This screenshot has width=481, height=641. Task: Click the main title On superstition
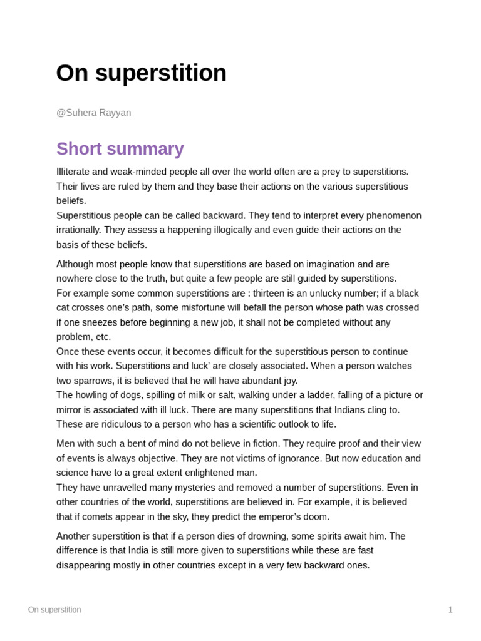[x=141, y=73]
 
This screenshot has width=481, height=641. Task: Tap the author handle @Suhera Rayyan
[x=93, y=113]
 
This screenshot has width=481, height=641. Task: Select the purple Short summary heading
[x=120, y=149]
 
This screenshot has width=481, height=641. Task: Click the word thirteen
[x=273, y=293]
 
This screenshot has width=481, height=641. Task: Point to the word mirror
[x=70, y=409]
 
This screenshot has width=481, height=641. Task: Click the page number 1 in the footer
[x=450, y=610]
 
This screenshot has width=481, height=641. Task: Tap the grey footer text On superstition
[x=54, y=610]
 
